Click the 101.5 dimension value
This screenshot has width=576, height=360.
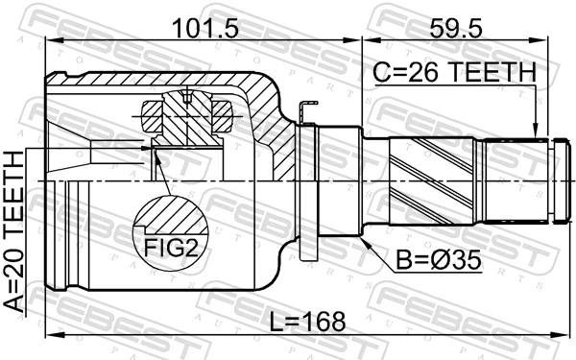pyautogui.click(x=204, y=29)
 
